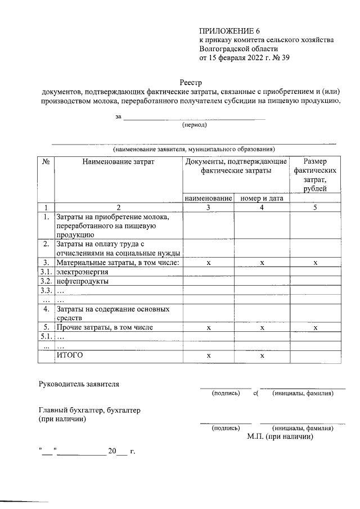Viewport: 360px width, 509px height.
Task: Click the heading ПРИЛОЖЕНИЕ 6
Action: [x=229, y=30]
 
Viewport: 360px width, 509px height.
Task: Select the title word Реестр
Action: [x=192, y=83]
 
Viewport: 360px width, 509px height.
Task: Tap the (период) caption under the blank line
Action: [x=193, y=126]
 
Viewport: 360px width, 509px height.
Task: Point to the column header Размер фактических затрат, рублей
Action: [x=315, y=175]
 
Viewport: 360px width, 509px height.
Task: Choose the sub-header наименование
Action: [x=208, y=199]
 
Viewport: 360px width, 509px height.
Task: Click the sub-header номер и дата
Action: [x=262, y=199]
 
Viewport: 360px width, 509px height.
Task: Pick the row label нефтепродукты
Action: [x=82, y=281]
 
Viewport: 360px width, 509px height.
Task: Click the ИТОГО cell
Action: [x=69, y=355]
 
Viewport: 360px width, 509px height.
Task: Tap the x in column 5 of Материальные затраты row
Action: [x=315, y=263]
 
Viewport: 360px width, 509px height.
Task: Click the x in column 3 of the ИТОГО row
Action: [x=208, y=356]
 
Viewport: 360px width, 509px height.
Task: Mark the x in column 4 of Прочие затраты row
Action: [x=262, y=327]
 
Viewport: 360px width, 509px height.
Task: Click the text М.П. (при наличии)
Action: [x=280, y=436]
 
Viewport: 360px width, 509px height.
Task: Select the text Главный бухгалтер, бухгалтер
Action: [x=89, y=411]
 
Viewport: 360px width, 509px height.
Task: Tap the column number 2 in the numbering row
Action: [x=118, y=208]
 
